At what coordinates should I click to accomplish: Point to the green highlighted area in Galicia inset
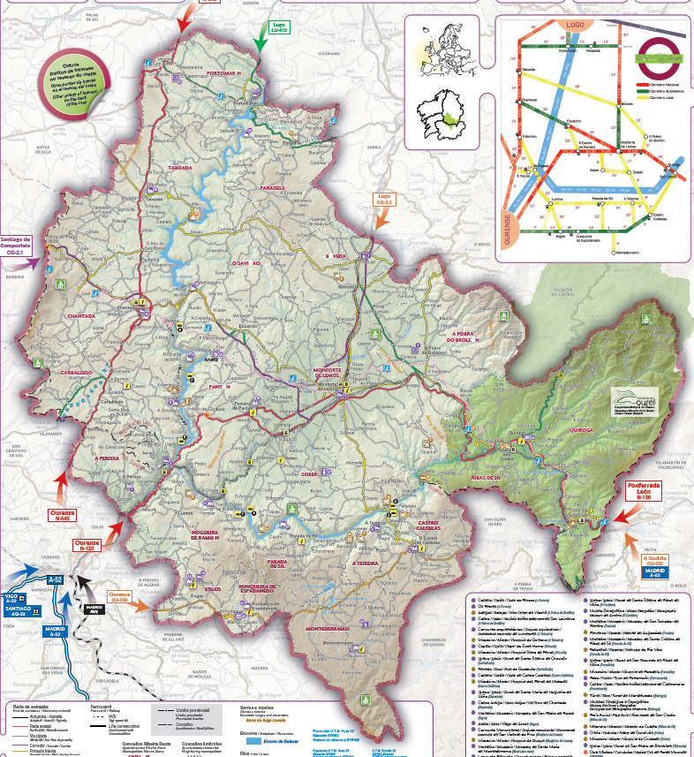450,120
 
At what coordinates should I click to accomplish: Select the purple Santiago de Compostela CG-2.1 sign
17,245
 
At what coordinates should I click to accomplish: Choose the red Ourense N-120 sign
87,545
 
